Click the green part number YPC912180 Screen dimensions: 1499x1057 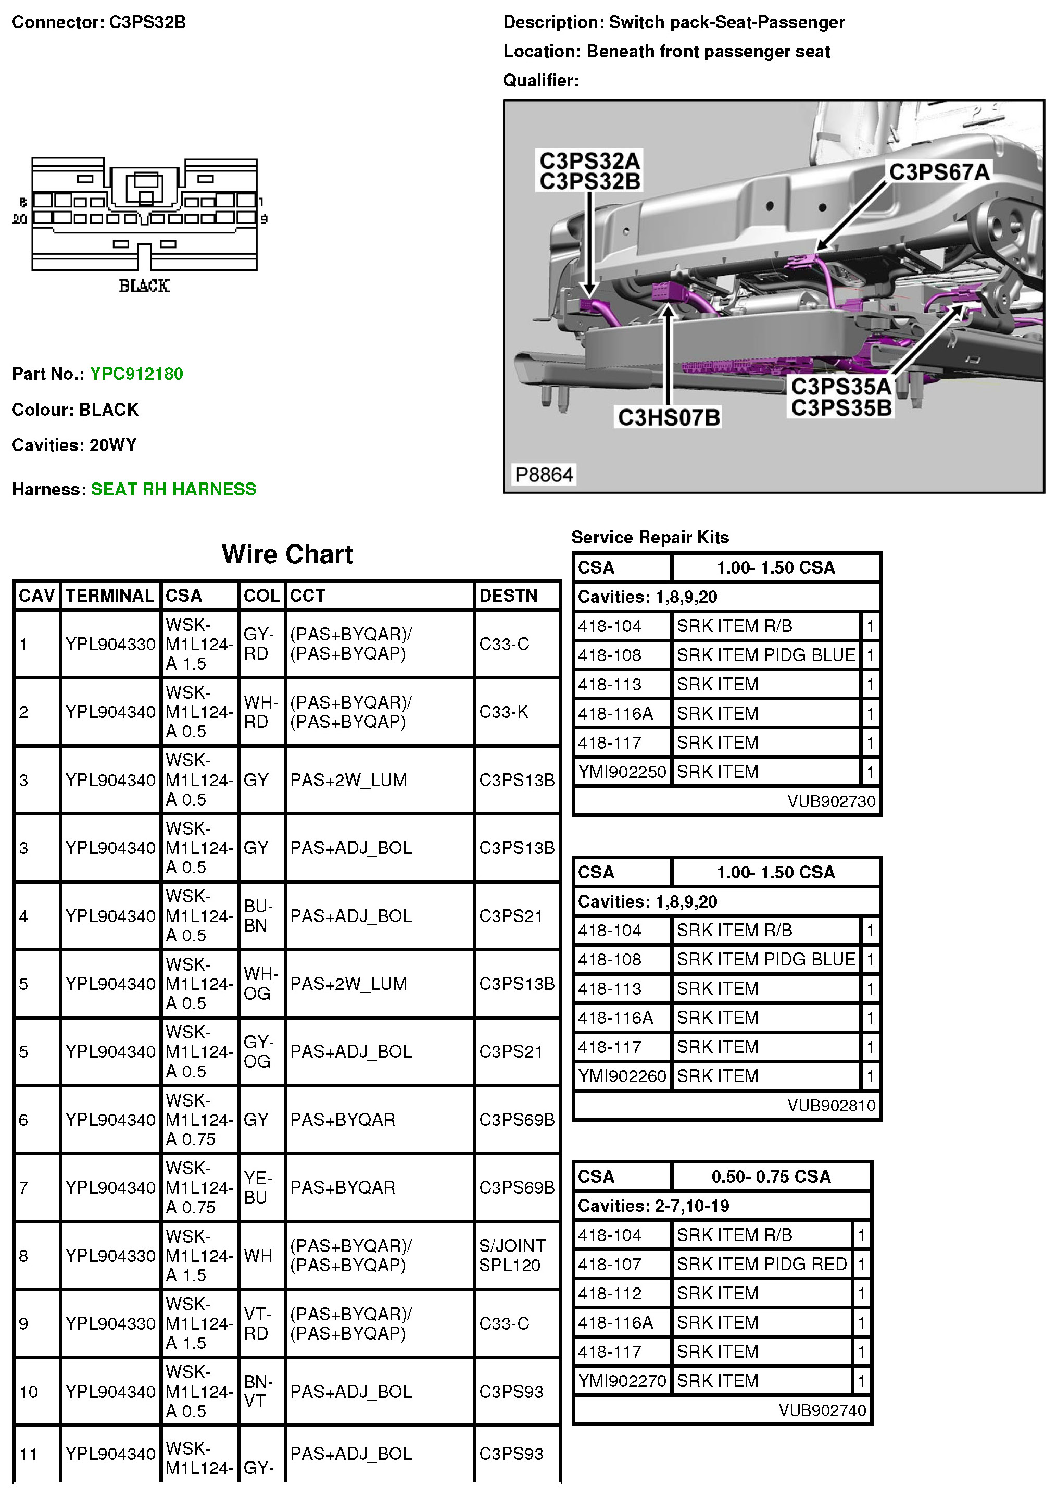tap(136, 374)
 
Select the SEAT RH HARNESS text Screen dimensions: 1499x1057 tap(173, 489)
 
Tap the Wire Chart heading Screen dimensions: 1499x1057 tap(287, 554)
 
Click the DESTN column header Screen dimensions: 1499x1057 tap(508, 596)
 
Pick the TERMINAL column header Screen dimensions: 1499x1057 tap(110, 596)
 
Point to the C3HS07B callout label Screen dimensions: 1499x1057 tap(669, 417)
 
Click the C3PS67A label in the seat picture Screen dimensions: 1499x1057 tap(939, 172)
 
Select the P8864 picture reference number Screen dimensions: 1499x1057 tap(544, 475)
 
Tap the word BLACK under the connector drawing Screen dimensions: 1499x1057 tap(144, 286)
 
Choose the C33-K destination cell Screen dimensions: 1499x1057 tap(504, 712)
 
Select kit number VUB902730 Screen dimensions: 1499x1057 tap(831, 801)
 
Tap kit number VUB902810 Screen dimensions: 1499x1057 tap(831, 1105)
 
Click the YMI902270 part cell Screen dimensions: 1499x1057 tap(622, 1381)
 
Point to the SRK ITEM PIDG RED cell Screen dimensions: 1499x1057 tap(761, 1264)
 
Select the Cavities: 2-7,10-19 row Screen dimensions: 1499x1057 tap(653, 1206)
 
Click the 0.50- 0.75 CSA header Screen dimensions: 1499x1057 tap(771, 1176)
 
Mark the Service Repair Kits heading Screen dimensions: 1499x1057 tap(650, 537)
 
